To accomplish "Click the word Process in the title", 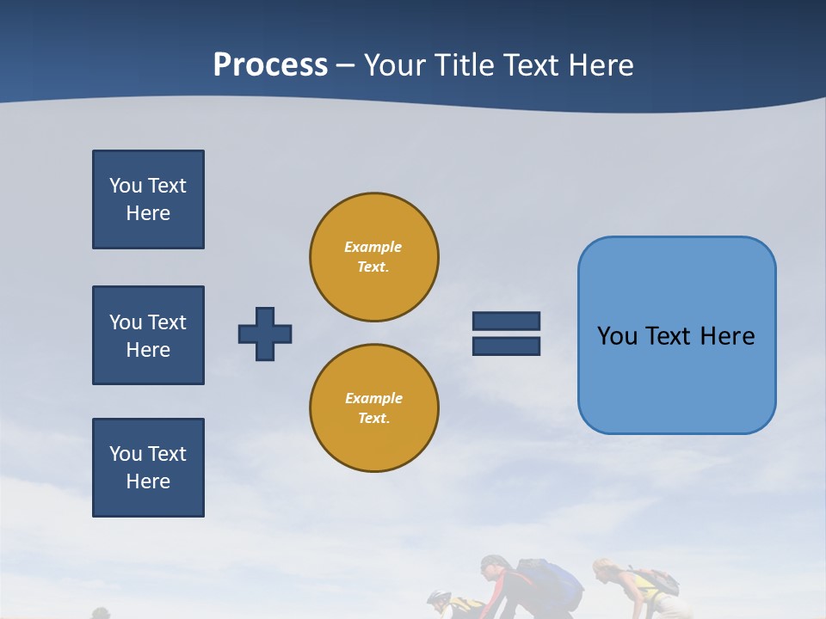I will tap(270, 64).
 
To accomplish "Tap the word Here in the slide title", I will tap(602, 65).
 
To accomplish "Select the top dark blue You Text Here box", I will tap(148, 199).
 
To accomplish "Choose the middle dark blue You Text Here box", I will tap(148, 335).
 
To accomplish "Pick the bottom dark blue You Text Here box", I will tap(148, 468).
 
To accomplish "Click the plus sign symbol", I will tap(265, 334).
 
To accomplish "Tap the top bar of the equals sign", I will tap(506, 321).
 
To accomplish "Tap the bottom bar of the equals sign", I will tap(506, 346).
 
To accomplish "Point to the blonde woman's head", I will tap(604, 569).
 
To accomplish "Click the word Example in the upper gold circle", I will tap(373, 247).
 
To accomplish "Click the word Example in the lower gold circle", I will tap(373, 398).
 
